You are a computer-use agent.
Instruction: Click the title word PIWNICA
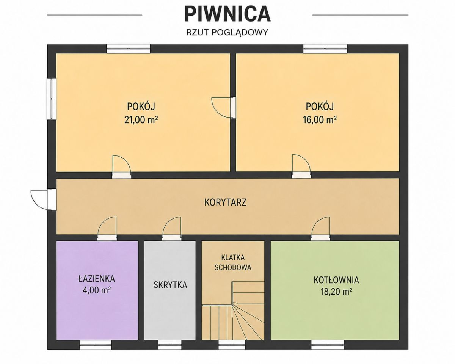227,14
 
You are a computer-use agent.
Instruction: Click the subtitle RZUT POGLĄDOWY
227,32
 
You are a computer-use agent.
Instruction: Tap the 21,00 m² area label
141,120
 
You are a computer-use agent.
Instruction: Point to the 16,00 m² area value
320,120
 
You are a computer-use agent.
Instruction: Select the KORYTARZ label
225,202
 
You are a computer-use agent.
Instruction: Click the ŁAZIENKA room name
97,279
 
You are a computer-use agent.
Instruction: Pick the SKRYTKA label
170,285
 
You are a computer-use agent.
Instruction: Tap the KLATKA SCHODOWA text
233,262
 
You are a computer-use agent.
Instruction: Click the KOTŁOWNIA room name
336,280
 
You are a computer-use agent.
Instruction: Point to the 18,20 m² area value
336,292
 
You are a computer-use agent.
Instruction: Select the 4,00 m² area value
97,290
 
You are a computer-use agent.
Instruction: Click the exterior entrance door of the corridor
44,200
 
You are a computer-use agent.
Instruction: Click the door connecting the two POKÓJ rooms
223,108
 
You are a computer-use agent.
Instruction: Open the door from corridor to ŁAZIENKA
107,228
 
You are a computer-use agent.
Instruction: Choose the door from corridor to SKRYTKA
172,228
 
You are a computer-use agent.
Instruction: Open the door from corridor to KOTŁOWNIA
320,228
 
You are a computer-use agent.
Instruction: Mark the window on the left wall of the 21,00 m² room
52,99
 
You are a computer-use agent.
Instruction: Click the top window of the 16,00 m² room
325,49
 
